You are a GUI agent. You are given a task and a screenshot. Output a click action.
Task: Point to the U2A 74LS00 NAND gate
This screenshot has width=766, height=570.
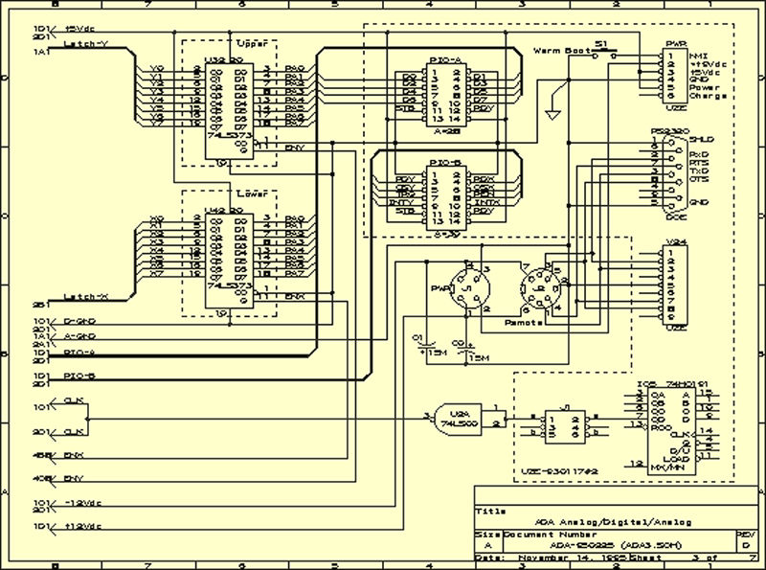(x=458, y=418)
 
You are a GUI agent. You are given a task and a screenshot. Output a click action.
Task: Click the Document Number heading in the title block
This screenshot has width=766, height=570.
(x=541, y=534)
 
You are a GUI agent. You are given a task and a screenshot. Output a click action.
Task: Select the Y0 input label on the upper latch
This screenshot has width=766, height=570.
(x=158, y=68)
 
